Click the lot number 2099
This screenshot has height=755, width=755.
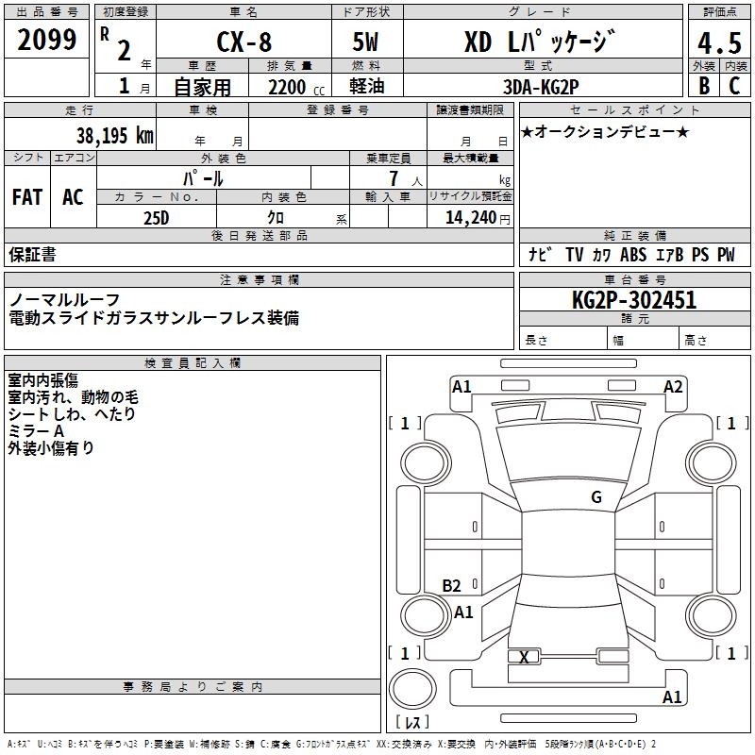47,40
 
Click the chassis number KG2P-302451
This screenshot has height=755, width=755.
634,300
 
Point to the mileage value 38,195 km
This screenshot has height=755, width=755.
115,135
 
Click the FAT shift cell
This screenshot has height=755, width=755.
27,197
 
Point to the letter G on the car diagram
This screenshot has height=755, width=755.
596,496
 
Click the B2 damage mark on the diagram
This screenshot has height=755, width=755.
451,585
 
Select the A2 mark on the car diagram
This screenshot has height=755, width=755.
673,386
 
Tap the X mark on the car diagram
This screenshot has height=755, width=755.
525,657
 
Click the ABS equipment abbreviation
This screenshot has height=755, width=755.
634,255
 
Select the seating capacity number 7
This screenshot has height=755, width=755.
393,178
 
